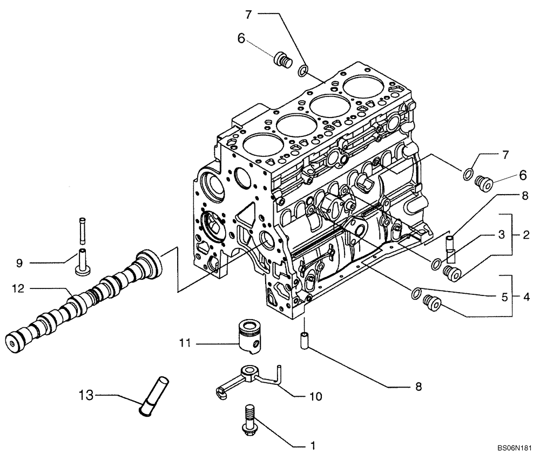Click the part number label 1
pos(311,446)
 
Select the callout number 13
pos(85,396)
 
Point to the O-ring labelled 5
pos(416,293)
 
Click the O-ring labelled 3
pos(435,264)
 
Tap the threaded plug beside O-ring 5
pos(433,304)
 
